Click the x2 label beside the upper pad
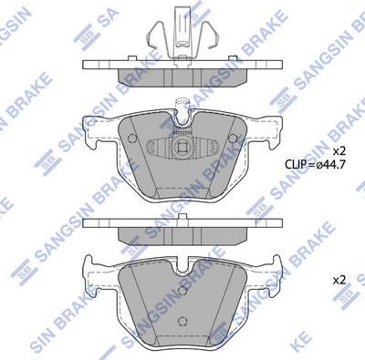[339, 149]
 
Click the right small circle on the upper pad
[235, 139]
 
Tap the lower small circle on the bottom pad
[182, 318]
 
